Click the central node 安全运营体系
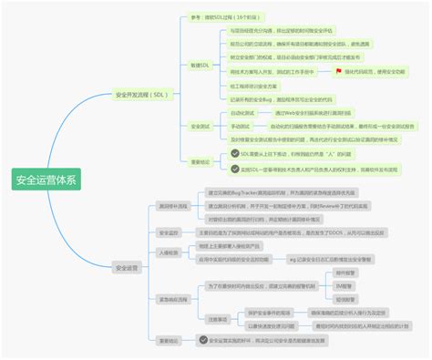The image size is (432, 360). point(46,180)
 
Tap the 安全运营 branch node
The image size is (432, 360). point(127,267)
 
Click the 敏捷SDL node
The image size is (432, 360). point(200,67)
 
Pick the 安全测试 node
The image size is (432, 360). point(200,127)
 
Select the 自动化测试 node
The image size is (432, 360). point(240,112)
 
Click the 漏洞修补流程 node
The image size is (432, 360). point(172,206)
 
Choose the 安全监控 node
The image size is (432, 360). point(169,232)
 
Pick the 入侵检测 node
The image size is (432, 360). point(169,252)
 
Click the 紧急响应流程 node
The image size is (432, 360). point(172,298)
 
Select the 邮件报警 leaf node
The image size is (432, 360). point(345,273)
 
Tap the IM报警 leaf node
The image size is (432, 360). point(345,285)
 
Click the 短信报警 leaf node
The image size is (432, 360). point(345,298)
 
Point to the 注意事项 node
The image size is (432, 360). point(218,319)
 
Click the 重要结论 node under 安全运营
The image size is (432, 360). point(170,340)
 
